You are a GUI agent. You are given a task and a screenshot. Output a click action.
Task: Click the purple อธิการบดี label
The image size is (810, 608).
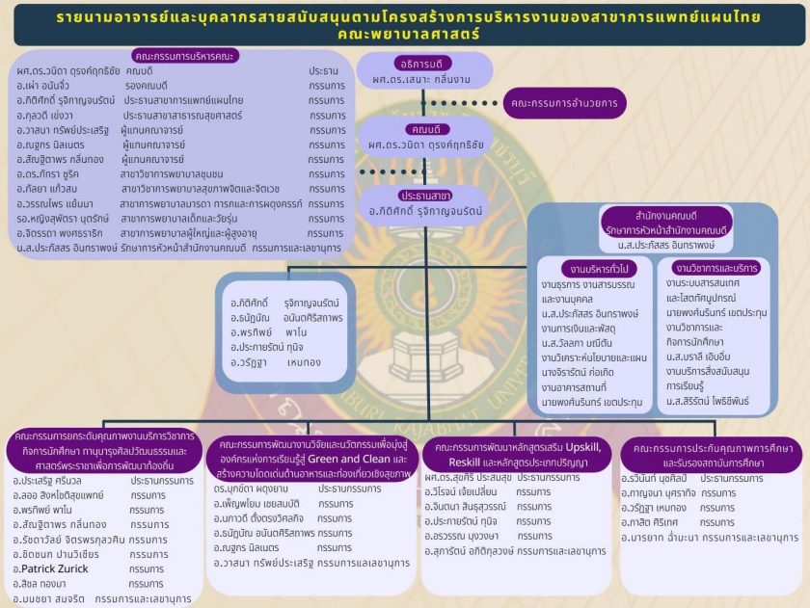(x=412, y=59)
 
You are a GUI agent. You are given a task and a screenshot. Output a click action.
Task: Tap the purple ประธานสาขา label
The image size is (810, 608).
(x=413, y=194)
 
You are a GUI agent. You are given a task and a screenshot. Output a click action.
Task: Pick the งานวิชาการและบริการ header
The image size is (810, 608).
(x=716, y=268)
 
